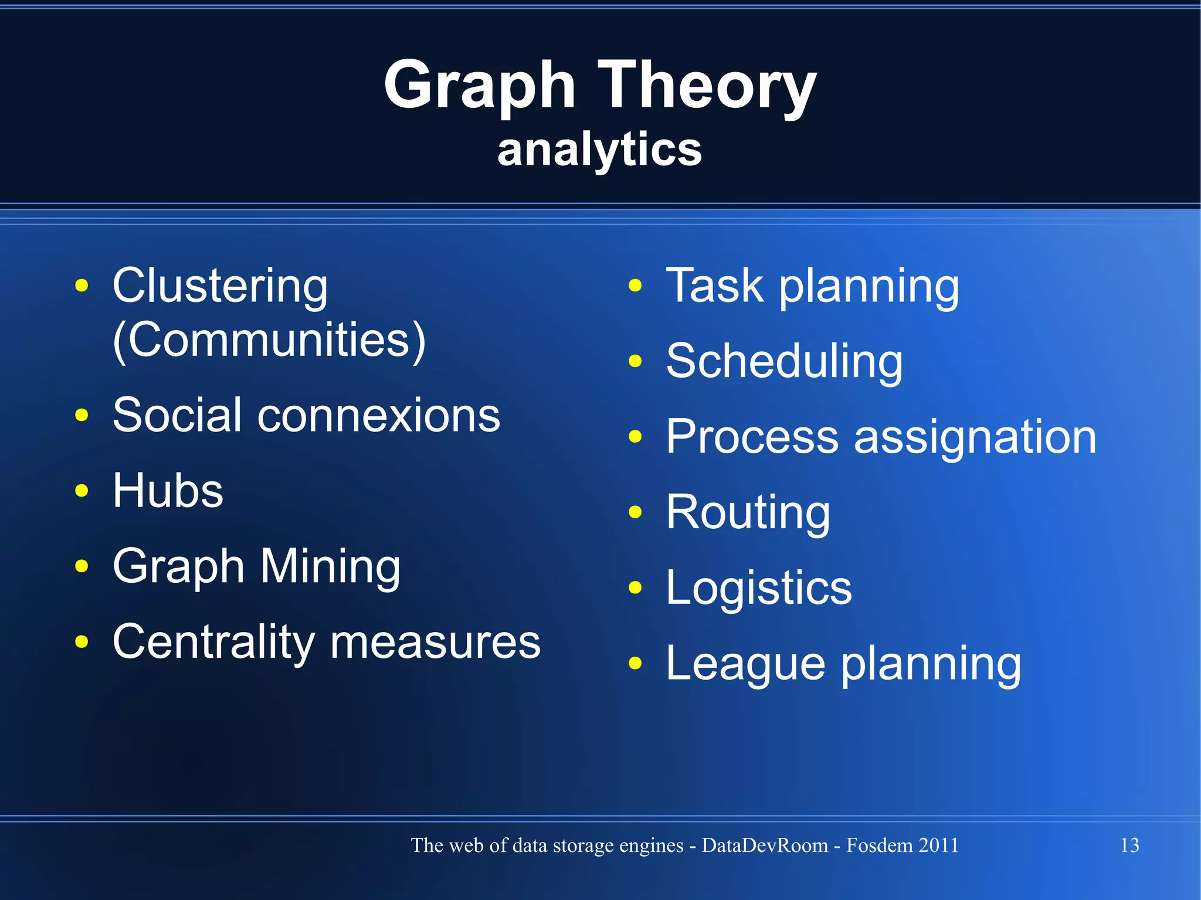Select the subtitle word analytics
[x=599, y=150]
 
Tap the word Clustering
[x=220, y=286]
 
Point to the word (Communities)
[x=269, y=340]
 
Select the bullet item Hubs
[x=168, y=490]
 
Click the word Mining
[x=330, y=566]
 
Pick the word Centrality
[x=213, y=641]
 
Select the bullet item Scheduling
[x=784, y=361]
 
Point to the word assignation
[x=975, y=437]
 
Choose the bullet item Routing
[x=748, y=512]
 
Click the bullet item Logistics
[x=759, y=588]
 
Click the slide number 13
[x=1129, y=845]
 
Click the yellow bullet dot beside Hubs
[x=82, y=490]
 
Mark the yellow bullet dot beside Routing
[x=635, y=512]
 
